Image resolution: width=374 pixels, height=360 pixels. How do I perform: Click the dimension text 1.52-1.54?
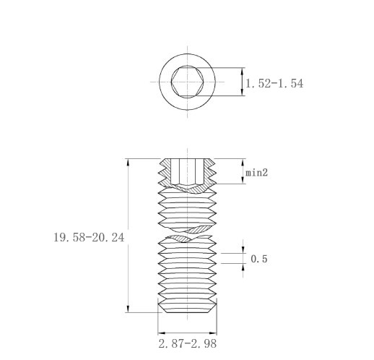tap(274, 83)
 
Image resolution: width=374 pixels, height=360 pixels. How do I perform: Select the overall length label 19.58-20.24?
tap(89, 237)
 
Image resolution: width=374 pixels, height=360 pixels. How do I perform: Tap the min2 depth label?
tap(256, 173)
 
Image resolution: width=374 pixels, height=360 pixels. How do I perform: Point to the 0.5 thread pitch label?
tap(259, 259)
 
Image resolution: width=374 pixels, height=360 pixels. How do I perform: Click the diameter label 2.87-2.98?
tap(188, 343)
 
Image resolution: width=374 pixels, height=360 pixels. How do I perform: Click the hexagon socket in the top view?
tap(188, 82)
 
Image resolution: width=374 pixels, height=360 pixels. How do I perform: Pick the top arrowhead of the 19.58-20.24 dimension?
tap(128, 162)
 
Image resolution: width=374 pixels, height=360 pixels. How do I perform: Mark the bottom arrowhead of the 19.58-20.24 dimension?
tap(128, 309)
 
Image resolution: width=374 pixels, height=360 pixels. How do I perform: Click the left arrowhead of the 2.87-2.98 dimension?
tap(162, 333)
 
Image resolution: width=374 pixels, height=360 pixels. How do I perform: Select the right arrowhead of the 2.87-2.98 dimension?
tap(213, 333)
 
